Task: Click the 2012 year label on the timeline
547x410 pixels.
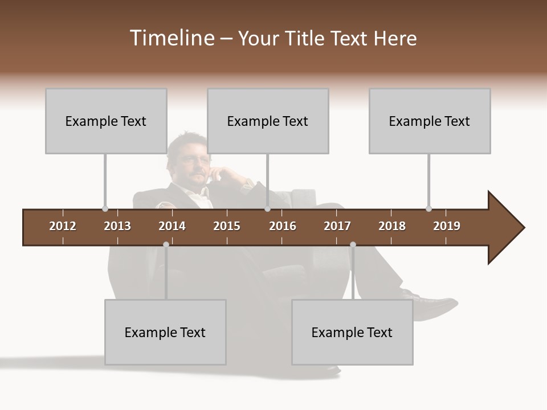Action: pyautogui.click(x=63, y=226)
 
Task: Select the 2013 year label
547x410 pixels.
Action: pyautogui.click(x=117, y=226)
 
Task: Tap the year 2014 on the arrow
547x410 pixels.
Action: pyautogui.click(x=172, y=226)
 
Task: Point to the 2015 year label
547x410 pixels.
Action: pyautogui.click(x=227, y=226)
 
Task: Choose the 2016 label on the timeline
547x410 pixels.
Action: pyautogui.click(x=283, y=226)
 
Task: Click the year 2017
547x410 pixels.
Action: pyautogui.click(x=337, y=226)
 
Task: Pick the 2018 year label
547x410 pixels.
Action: pyautogui.click(x=392, y=226)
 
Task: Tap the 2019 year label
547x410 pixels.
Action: pyautogui.click(x=447, y=226)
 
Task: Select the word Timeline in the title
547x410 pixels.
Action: pyautogui.click(x=171, y=38)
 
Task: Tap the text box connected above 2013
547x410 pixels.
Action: pyautogui.click(x=106, y=121)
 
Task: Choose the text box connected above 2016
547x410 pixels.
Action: pyautogui.click(x=268, y=121)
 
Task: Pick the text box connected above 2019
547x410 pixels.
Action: pyautogui.click(x=430, y=121)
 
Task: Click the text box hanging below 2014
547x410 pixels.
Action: pyautogui.click(x=165, y=332)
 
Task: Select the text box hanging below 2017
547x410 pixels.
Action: pyautogui.click(x=352, y=332)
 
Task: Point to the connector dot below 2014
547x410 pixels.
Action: pyautogui.click(x=166, y=244)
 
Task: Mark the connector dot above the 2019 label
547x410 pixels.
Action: pyautogui.click(x=428, y=208)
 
